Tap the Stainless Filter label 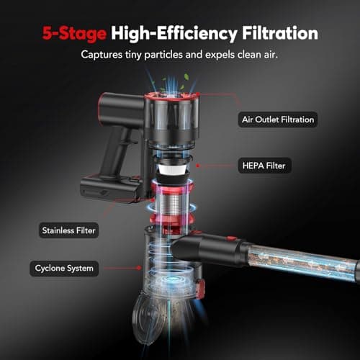click(x=68, y=230)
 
